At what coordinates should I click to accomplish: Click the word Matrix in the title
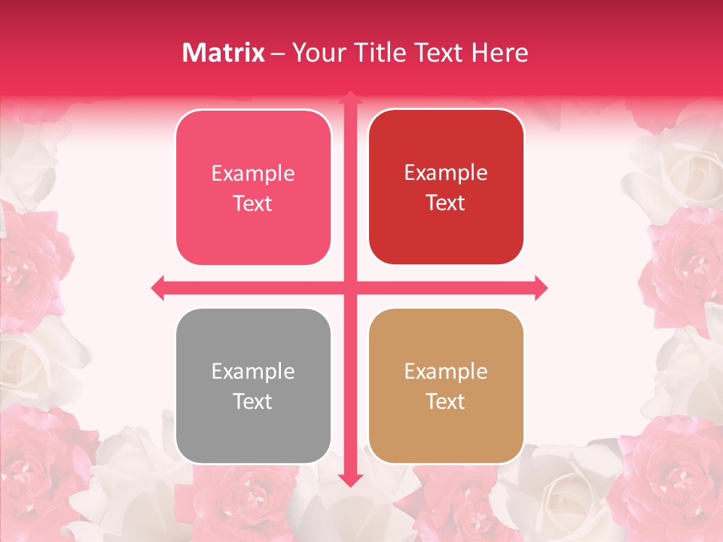(224, 53)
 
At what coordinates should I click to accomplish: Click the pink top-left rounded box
(253, 187)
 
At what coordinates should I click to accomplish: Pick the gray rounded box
(253, 385)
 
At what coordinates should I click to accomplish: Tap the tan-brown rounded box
(446, 385)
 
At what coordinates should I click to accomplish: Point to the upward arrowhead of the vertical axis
(349, 98)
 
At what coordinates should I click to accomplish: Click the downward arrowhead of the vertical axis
(349, 480)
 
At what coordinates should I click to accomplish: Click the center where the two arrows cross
(349, 288)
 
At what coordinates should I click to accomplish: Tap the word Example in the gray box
(253, 372)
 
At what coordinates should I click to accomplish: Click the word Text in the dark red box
(446, 202)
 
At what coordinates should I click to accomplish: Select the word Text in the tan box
(446, 401)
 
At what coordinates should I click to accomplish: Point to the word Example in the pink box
(253, 174)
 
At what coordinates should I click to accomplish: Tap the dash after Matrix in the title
(278, 53)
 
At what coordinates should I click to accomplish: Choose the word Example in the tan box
(446, 372)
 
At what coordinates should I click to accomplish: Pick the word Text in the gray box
(253, 401)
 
